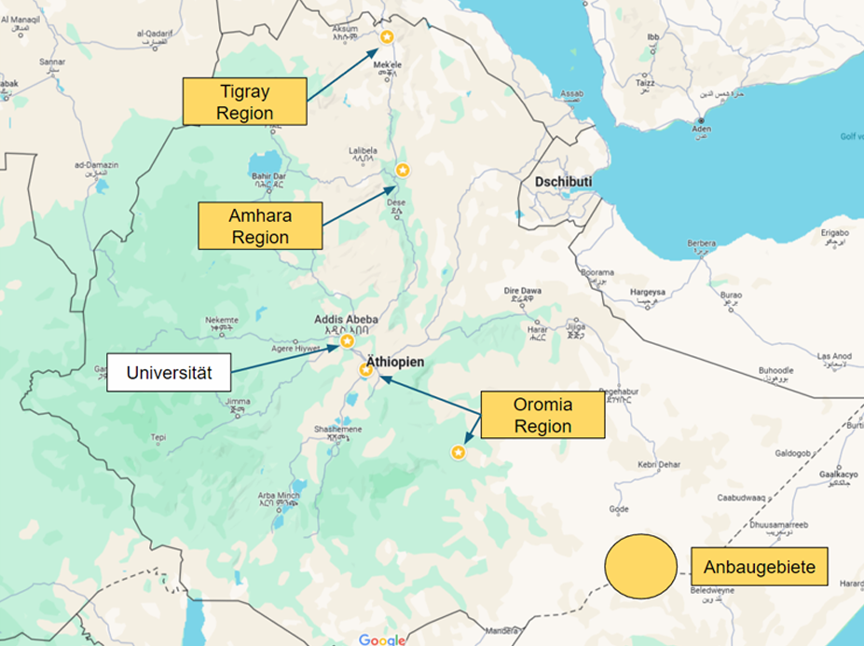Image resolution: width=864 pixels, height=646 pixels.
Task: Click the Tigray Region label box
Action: (244, 102)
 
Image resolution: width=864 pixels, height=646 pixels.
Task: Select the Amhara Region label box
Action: (260, 227)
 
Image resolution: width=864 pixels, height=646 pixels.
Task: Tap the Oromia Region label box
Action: (542, 416)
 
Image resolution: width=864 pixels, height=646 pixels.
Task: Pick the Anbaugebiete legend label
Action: (760, 567)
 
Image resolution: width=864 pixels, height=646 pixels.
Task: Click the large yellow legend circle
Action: (640, 566)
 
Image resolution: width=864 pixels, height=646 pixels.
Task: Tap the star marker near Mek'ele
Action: (387, 36)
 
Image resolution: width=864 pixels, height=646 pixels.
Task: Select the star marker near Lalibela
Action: (403, 170)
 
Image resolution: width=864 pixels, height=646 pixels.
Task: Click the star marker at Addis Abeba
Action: (347, 341)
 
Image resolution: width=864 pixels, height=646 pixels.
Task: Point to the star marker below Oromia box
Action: (458, 452)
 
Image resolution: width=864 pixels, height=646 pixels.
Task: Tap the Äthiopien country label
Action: (394, 361)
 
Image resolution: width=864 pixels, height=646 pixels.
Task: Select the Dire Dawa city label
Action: (523, 291)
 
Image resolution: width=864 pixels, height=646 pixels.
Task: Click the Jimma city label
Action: (238, 402)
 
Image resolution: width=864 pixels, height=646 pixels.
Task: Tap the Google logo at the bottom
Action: (382, 639)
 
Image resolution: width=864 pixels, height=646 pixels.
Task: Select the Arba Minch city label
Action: (279, 495)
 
